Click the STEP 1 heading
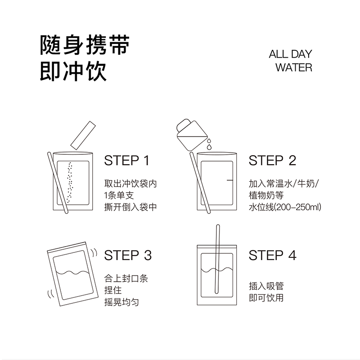pos(126,161)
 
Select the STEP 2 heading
pos(272,161)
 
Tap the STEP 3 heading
pos(128,255)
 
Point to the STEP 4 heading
pos(273,255)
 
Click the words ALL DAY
pos(290,55)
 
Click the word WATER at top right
pos(293,68)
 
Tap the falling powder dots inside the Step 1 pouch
pos(70,182)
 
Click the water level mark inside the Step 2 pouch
pos(230,180)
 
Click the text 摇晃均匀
pos(121,302)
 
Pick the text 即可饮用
pos(266,297)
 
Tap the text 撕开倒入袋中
pos(131,207)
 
